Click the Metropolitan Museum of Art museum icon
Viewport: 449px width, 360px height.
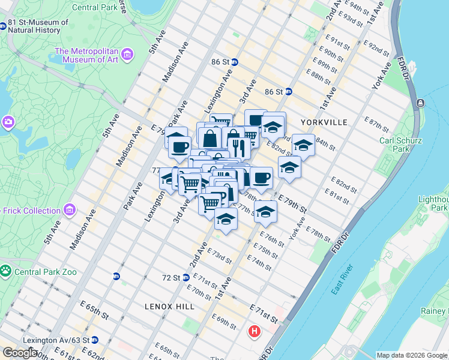click(x=127, y=55)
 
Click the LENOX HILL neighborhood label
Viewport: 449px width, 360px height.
click(x=169, y=306)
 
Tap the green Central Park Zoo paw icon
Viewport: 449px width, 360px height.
click(x=6, y=272)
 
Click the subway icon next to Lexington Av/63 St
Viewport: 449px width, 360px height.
click(x=94, y=340)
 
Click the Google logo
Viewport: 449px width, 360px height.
click(x=19, y=353)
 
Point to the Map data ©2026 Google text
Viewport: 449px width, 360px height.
click(x=411, y=355)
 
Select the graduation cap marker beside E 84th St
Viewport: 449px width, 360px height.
click(x=303, y=146)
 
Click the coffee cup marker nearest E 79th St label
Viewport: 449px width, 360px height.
click(x=261, y=178)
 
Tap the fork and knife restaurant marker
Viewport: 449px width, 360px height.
click(x=240, y=147)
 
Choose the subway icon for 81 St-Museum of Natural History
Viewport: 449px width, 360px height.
click(x=3, y=26)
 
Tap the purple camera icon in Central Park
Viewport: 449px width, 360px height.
click(x=8, y=122)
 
